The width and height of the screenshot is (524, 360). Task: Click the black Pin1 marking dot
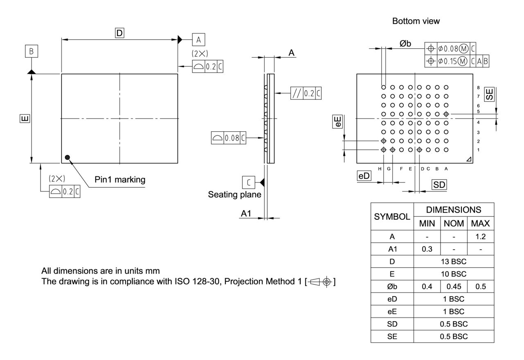68,157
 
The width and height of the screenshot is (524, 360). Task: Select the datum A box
199,40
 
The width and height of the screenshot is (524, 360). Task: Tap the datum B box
32,52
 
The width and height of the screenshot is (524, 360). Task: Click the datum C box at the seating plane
248,181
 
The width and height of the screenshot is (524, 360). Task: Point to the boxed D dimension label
119,33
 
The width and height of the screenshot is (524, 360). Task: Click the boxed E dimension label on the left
25,119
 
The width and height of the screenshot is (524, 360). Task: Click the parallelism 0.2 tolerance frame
306,93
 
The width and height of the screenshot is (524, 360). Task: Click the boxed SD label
439,185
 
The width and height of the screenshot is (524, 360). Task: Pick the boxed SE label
489,94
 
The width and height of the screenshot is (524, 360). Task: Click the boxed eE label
338,122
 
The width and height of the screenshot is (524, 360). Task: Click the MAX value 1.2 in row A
480,236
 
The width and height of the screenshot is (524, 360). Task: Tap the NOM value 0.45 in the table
454,287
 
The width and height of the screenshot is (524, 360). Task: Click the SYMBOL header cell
392,216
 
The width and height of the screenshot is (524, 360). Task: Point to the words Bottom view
416,21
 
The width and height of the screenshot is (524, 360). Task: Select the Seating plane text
234,194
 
